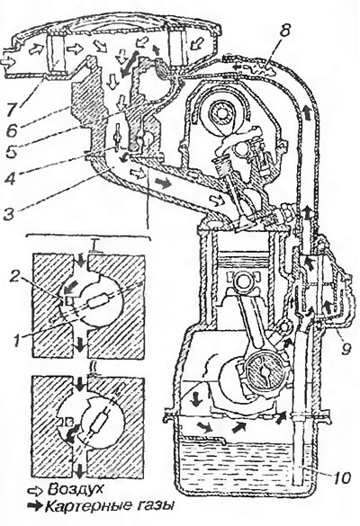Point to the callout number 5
(11, 152)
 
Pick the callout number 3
(11, 215)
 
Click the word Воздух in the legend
(75, 490)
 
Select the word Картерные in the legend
(82, 506)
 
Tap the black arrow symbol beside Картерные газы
(36, 506)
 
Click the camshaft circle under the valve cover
(220, 114)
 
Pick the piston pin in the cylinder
(243, 281)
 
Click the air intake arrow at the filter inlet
(9, 62)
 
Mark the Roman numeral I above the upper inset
(95, 247)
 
